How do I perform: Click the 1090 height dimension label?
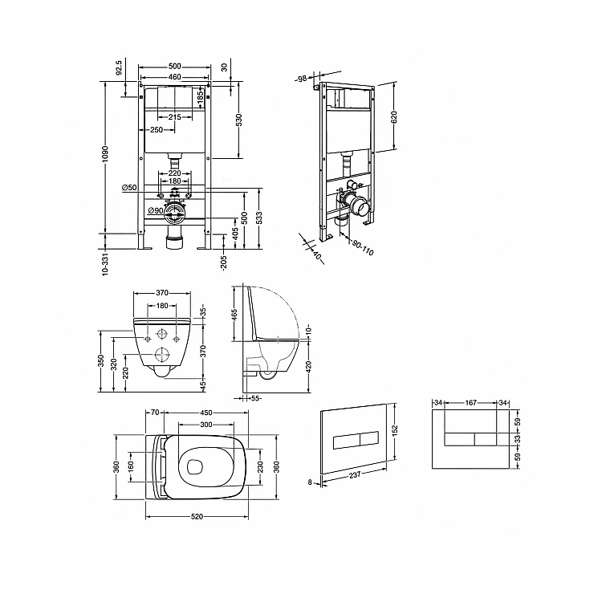[x=106, y=153]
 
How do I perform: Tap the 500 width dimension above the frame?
[x=175, y=67]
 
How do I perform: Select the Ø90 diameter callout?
[x=156, y=210]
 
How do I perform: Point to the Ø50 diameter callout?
[x=129, y=188]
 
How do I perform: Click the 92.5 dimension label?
[x=119, y=67]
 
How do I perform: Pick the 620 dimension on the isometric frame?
[x=394, y=117]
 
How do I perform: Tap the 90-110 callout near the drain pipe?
[x=363, y=248]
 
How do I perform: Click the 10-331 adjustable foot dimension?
[x=106, y=263]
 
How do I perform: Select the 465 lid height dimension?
[x=235, y=314]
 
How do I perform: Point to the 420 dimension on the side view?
[x=308, y=367]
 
